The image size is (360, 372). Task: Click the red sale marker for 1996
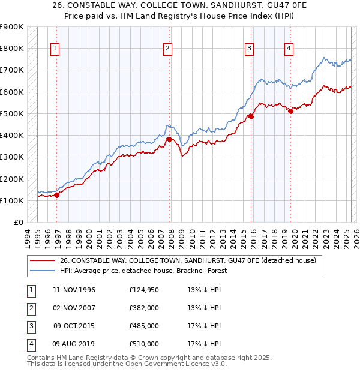click(57, 194)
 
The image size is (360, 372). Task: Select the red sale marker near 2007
click(169, 139)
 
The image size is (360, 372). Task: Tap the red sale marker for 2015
click(251, 117)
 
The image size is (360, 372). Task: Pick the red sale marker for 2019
click(290, 110)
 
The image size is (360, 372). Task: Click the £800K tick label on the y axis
click(12, 48)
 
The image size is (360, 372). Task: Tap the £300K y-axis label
click(12, 157)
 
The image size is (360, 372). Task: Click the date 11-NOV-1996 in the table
click(74, 290)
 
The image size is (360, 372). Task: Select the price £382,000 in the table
click(144, 308)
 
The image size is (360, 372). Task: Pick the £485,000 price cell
click(144, 326)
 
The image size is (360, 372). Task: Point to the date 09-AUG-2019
click(74, 344)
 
